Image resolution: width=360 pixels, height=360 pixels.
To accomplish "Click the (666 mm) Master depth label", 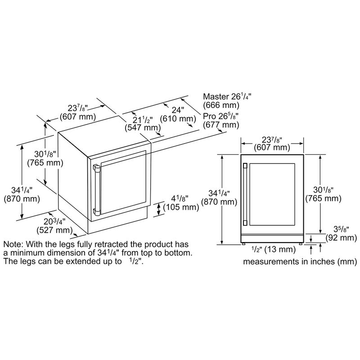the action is coord(221,105).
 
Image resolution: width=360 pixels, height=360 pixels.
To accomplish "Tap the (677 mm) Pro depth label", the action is coord(221,125).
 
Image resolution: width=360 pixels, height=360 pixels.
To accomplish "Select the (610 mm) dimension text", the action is coord(178,119).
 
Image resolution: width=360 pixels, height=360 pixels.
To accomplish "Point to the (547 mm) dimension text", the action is coord(143,128).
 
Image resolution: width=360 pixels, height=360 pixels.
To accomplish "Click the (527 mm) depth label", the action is coord(54,230).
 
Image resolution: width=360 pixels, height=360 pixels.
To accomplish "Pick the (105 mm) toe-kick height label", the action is coord(181,207).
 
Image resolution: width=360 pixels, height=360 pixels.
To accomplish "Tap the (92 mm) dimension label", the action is coord(342,238).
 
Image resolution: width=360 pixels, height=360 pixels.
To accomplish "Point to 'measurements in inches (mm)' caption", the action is coord(300,261).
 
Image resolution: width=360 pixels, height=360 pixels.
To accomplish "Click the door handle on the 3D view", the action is coord(96,189).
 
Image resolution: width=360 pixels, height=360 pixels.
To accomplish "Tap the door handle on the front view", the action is coord(245,194).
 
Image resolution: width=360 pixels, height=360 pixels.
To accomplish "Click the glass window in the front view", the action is coord(272,194).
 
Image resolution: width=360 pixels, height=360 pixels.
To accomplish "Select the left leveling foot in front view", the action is coord(243,243).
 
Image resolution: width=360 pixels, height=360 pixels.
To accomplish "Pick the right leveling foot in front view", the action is coord(301,243).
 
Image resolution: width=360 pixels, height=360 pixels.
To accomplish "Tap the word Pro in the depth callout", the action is coord(209,117).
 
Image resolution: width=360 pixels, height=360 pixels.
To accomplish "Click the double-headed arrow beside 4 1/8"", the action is coord(158,209).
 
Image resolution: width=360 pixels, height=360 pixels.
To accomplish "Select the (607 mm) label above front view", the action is coord(272,147).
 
